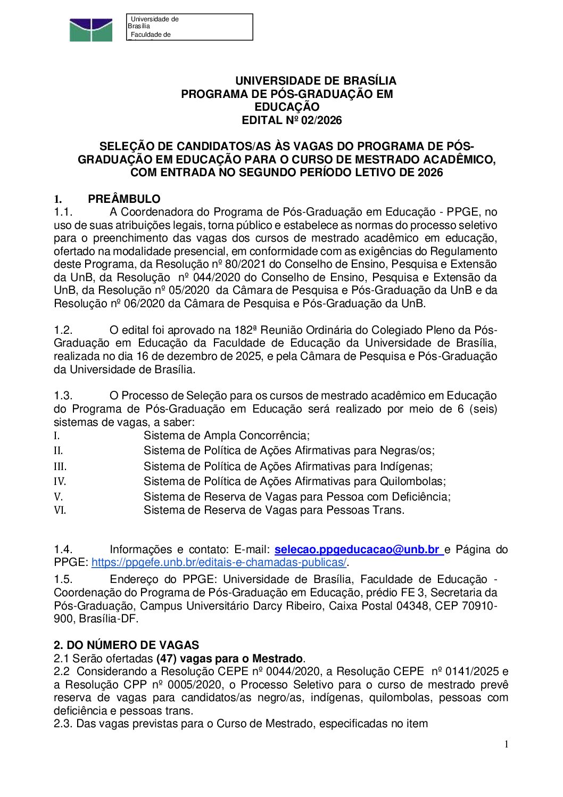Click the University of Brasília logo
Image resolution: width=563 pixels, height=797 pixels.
pos(91,30)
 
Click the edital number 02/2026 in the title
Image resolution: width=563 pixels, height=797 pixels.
pos(321,120)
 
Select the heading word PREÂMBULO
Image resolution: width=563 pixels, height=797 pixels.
pos(124,199)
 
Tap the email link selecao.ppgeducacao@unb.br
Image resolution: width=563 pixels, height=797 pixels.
pos(357,549)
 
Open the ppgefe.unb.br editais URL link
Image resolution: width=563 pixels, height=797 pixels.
pos(219,562)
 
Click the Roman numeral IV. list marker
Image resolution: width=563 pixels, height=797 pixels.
pos(60,482)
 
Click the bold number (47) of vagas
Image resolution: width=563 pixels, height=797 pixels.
pos(168,659)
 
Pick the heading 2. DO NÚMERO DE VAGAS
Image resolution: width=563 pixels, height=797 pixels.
pos(126,645)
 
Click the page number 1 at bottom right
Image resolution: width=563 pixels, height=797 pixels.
pos(506,744)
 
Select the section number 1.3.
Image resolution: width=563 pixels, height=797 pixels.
pos(63,396)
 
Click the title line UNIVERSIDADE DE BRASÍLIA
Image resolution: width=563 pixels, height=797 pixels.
pos(316,81)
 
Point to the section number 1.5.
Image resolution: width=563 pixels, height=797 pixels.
pos(63,579)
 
